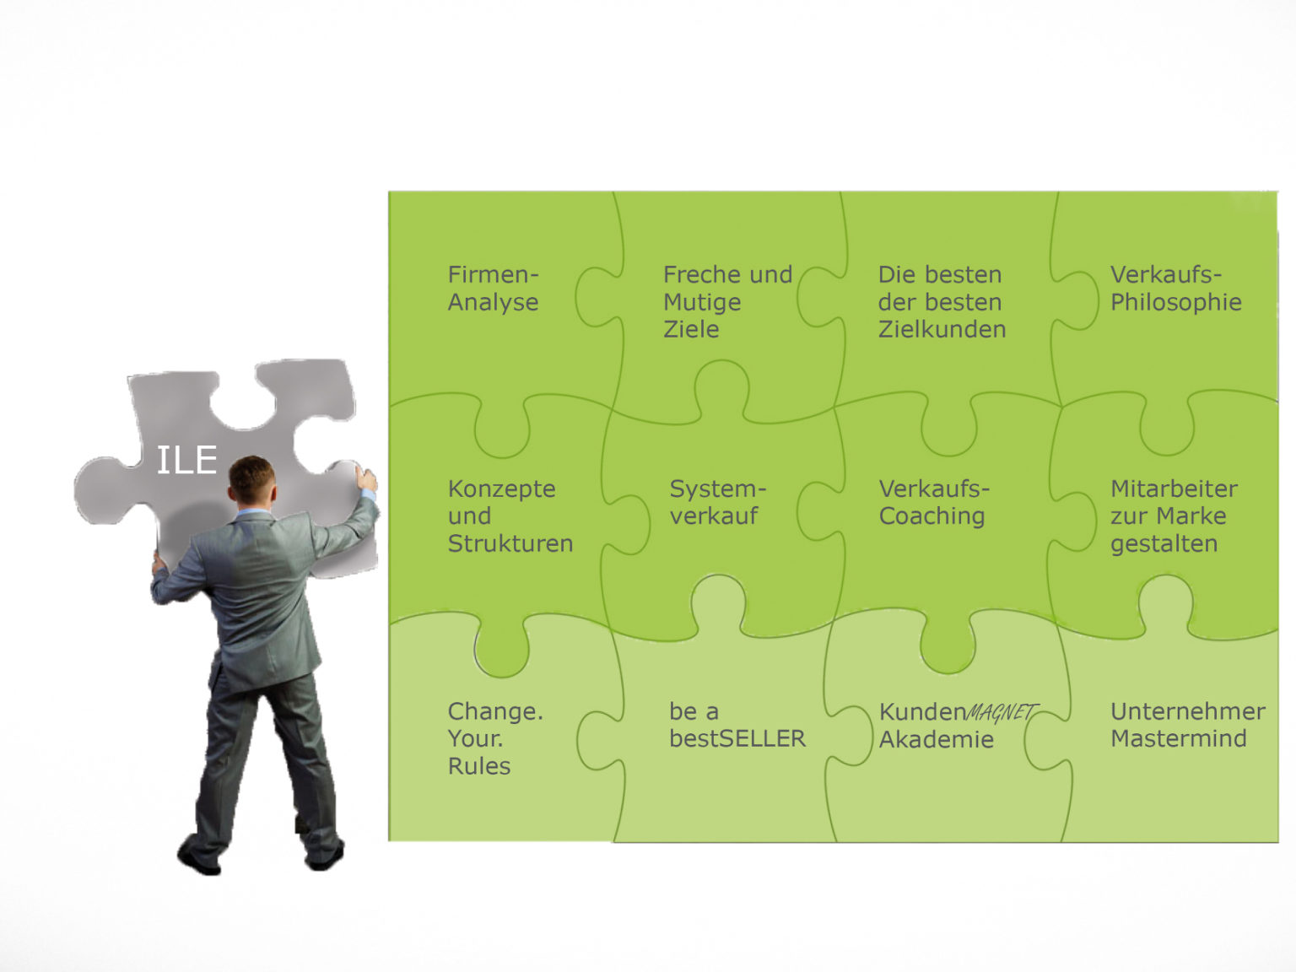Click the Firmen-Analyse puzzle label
pos(493,289)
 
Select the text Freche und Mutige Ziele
pos(727,302)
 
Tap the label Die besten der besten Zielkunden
pos(942,302)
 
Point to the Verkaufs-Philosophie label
pos(1175,289)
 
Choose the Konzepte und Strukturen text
pos(510,516)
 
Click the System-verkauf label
pos(717,502)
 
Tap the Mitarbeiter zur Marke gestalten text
pos(1174,516)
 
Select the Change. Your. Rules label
pos(494,738)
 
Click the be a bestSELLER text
pos(737,725)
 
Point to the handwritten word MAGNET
pos(1002,713)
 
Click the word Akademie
pos(936,740)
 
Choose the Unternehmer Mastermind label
pos(1187,725)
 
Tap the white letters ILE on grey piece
pos(186,461)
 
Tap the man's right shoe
pos(324,856)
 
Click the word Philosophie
pos(1175,302)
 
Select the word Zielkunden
pos(942,329)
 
